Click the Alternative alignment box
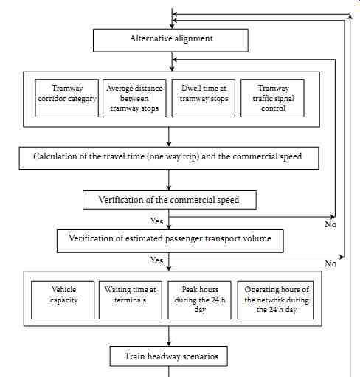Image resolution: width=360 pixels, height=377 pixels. point(170,41)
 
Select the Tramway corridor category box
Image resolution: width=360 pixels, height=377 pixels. point(67,98)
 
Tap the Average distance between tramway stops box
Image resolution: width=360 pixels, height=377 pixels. point(134,98)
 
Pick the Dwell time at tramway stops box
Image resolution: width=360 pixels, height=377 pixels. point(204,98)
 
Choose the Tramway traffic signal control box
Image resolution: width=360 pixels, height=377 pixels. point(272,98)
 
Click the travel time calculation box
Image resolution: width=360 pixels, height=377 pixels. point(169,158)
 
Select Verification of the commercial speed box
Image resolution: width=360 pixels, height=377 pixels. point(170,200)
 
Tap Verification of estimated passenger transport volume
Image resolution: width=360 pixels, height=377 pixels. point(170,241)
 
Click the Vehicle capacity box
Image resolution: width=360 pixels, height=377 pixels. point(63,300)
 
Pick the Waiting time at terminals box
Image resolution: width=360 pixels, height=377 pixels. point(131,300)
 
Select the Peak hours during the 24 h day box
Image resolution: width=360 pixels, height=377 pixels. point(199,300)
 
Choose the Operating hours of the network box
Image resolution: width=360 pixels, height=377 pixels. point(275,300)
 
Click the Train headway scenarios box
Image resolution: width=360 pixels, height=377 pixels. point(169,356)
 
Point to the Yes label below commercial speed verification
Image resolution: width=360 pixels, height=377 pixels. point(157,221)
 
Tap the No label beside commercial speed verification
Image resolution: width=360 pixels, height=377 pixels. point(330,224)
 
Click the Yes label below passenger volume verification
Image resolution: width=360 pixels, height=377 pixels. point(157,260)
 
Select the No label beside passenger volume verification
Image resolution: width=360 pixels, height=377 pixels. point(330,263)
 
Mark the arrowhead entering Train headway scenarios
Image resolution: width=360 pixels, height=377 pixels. point(169,344)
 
